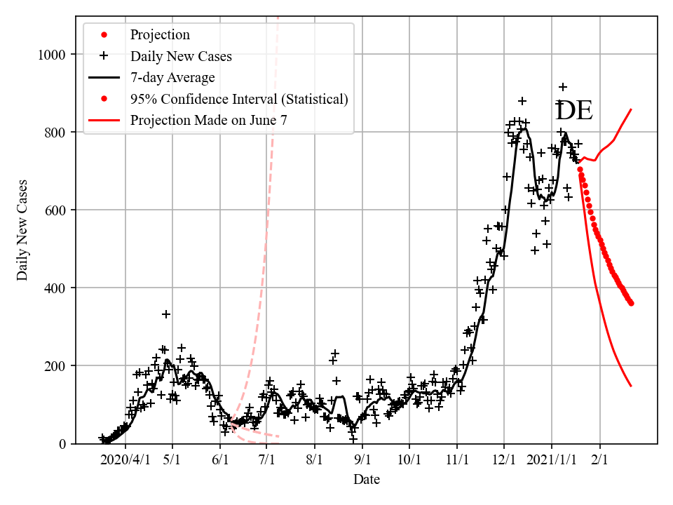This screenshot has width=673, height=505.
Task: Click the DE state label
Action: [574, 112]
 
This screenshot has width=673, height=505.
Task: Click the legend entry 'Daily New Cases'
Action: [181, 56]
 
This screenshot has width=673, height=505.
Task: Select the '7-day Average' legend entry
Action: [172, 77]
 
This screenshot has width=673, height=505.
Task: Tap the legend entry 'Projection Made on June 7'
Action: [208, 121]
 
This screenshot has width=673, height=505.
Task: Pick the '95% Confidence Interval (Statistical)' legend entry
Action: [239, 99]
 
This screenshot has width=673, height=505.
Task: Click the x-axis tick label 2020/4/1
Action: [125, 460]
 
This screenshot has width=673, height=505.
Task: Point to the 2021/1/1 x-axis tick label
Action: [551, 460]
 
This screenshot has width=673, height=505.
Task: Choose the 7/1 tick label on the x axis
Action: [267, 460]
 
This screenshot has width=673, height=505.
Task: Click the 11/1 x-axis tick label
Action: [456, 460]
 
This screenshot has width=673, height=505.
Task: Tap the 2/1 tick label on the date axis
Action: [599, 460]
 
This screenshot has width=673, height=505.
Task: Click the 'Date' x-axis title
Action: [367, 480]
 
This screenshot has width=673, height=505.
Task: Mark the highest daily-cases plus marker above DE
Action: [563, 87]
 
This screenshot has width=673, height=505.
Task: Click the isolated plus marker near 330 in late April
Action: [166, 314]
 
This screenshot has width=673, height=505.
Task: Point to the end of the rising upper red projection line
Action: [631, 109]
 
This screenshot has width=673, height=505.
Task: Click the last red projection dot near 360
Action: [631, 303]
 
